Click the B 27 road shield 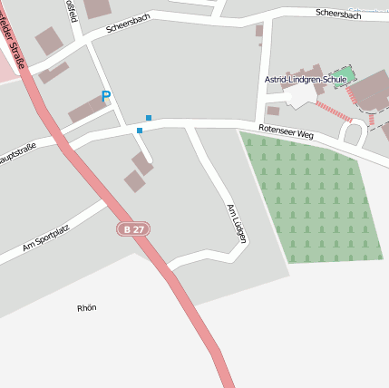[x=132, y=229]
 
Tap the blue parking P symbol [x=106, y=96]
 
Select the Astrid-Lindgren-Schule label [x=306, y=79]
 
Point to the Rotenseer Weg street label [x=286, y=132]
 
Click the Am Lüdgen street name [x=237, y=223]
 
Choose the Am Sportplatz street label [x=46, y=238]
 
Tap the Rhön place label [x=87, y=308]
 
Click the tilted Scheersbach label [x=126, y=22]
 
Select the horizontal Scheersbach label [x=338, y=15]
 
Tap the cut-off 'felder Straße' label [x=14, y=36]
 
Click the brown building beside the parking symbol [x=88, y=110]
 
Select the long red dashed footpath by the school [x=333, y=111]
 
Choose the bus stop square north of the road [x=149, y=118]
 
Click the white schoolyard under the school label [x=300, y=94]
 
